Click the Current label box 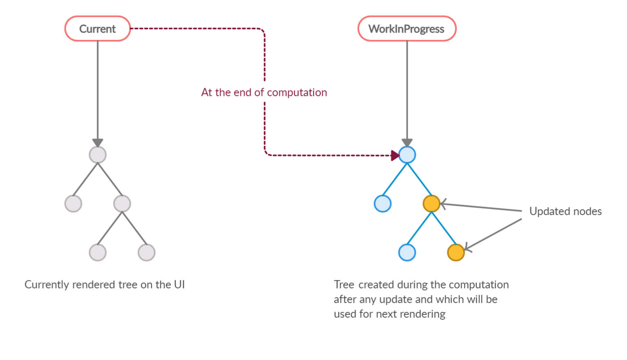[x=98, y=29]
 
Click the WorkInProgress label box [x=407, y=29]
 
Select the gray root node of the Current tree [x=98, y=155]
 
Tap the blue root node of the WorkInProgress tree [x=407, y=155]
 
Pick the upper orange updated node [x=431, y=204]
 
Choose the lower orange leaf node [x=456, y=253]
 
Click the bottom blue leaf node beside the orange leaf [x=407, y=253]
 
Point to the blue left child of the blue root [x=382, y=204]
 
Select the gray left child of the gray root [x=73, y=204]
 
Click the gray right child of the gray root [x=122, y=204]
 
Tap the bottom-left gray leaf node [x=98, y=253]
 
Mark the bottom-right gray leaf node [x=147, y=253]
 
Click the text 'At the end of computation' [x=264, y=93]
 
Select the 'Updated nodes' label [x=565, y=211]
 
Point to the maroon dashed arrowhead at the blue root [x=395, y=156]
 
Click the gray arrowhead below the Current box [x=98, y=142]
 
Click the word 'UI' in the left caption [x=179, y=284]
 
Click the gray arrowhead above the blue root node [x=407, y=142]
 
